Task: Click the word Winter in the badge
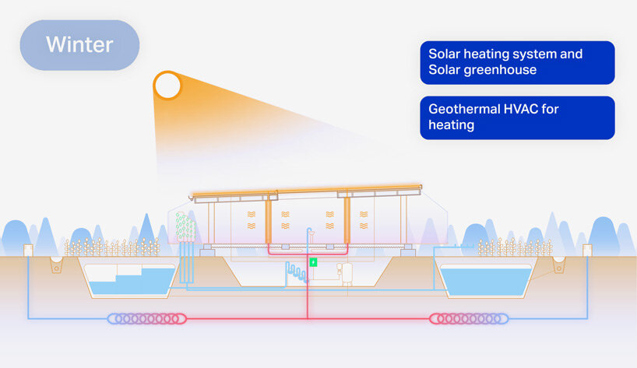(79, 44)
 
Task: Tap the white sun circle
(167, 85)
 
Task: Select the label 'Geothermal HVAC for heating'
(517, 117)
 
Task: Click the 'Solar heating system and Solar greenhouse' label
(517, 62)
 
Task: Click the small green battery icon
(314, 262)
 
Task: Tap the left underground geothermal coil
(147, 318)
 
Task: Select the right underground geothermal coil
(470, 318)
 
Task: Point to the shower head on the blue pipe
(309, 230)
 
